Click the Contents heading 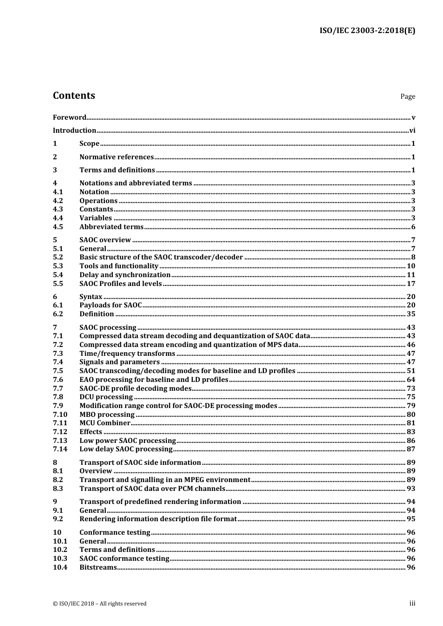[x=74, y=95]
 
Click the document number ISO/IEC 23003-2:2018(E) [x=367, y=31]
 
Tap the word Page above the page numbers [x=407, y=96]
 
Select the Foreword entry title [x=69, y=117]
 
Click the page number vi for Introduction [x=412, y=130]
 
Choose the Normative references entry [x=117, y=157]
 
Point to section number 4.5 [x=58, y=227]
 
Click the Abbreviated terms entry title [x=111, y=227]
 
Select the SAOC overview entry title [x=105, y=240]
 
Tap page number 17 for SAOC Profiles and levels [x=411, y=284]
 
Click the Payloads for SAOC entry [x=111, y=305]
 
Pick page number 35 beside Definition [x=411, y=314]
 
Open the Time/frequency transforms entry [x=127, y=354]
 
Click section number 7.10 [x=60, y=415]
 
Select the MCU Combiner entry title [x=105, y=423]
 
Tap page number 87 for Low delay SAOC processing [x=411, y=449]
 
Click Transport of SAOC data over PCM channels [x=152, y=489]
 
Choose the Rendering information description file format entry [x=158, y=519]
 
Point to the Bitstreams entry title [x=98, y=567]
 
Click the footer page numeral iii [x=412, y=603]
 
